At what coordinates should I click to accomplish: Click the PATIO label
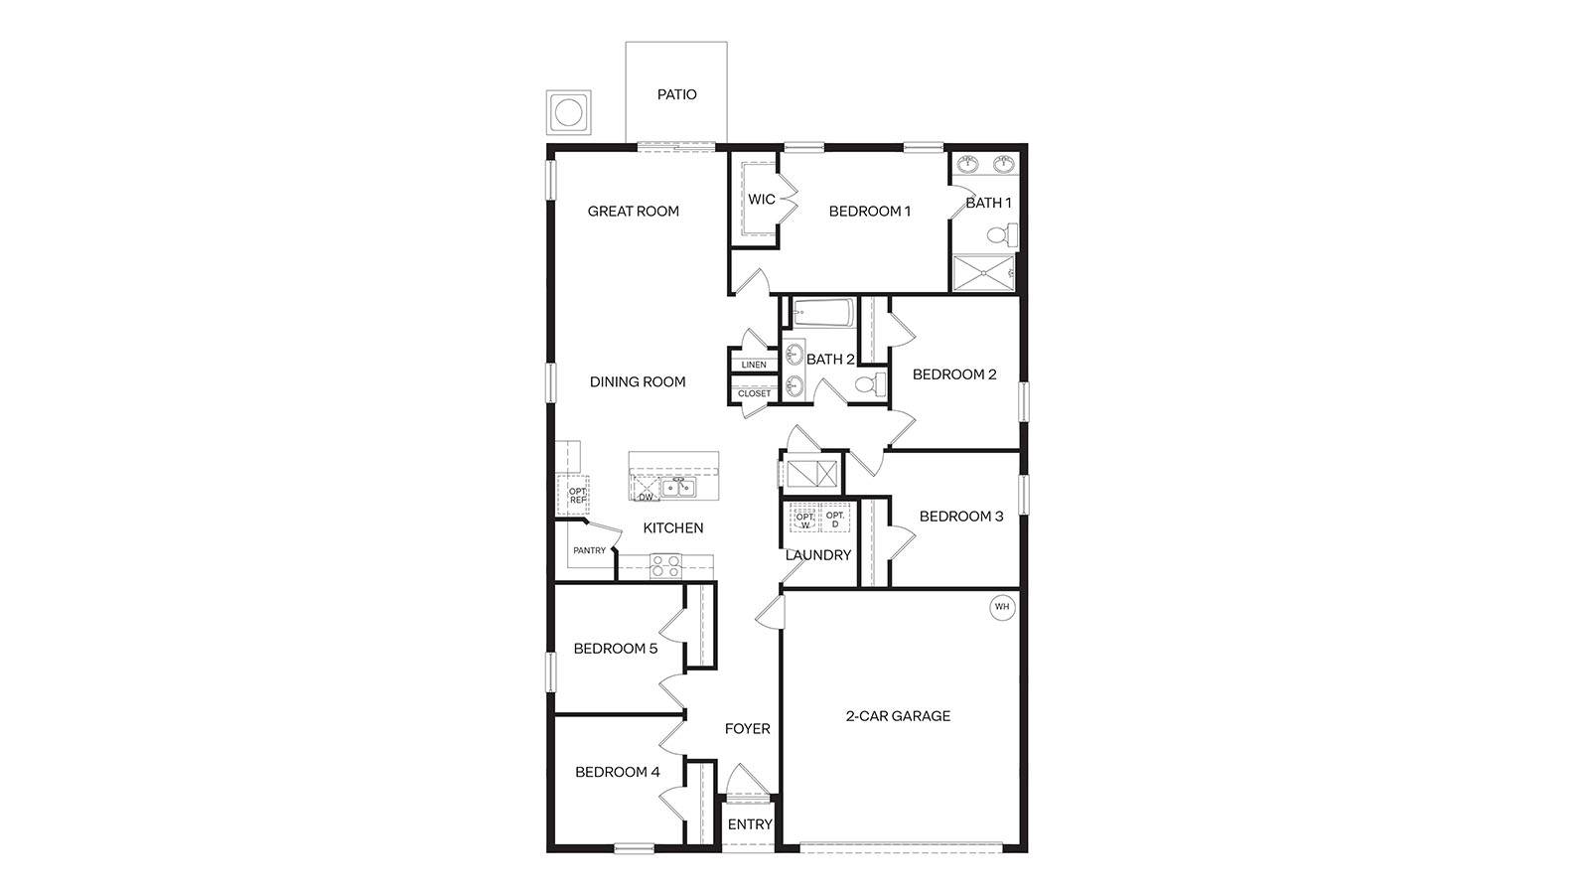pos(676,94)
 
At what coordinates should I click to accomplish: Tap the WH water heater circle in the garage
pos(1001,606)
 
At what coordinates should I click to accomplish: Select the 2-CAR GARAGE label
pos(898,715)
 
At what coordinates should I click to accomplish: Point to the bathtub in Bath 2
pos(822,315)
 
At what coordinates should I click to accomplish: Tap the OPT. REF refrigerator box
pos(576,495)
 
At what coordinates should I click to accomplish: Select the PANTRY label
pos(589,550)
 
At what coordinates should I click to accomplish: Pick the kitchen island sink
pos(678,487)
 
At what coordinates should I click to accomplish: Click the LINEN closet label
pos(754,365)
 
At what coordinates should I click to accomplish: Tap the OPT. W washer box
pos(804,519)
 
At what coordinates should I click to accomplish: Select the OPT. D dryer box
pos(834,519)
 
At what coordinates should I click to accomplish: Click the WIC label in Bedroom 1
pos(761,200)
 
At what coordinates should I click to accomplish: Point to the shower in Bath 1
pos(983,272)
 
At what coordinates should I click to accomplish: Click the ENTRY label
pos(750,824)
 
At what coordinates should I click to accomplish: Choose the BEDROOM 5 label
pos(615,649)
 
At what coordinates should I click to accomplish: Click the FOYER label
pos(747,728)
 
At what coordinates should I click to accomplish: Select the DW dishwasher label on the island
pos(646,496)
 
